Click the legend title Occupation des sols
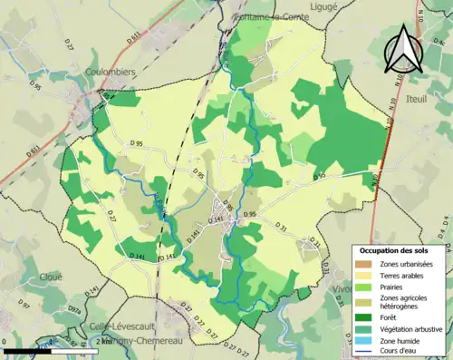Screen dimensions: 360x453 click(x=400, y=249)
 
